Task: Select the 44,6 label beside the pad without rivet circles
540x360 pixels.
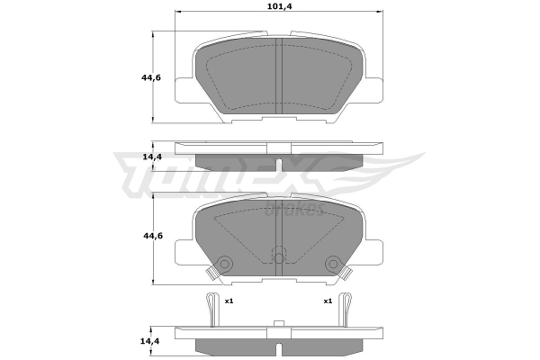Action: tap(151, 77)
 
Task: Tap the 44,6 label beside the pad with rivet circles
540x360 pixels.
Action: tap(153, 236)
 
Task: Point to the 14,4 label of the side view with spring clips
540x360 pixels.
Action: tap(150, 341)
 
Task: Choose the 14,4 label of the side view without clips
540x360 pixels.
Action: tap(152, 157)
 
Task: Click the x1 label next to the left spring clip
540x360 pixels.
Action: tap(229, 301)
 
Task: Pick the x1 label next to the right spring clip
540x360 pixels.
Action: tap(328, 301)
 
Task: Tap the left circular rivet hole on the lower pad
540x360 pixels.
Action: tap(224, 264)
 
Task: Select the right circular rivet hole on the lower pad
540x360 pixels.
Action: tap(333, 264)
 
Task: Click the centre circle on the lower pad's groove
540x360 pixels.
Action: tap(279, 257)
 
